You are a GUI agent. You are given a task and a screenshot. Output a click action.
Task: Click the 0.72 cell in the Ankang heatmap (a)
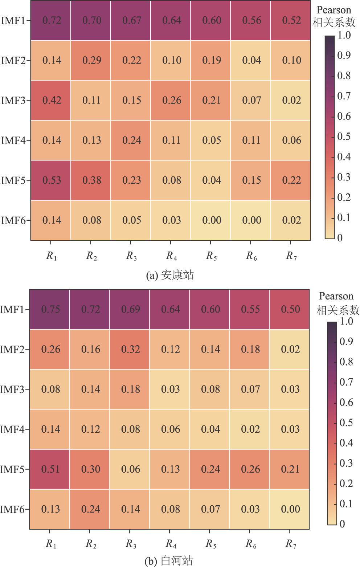pyautogui.click(x=52, y=20)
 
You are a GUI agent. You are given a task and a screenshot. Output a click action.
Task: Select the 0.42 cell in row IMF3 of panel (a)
pyautogui.click(x=52, y=100)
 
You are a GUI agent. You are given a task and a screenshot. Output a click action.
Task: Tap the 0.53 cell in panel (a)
pyautogui.click(x=52, y=180)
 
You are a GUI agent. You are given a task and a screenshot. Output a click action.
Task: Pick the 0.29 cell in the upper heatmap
pyautogui.click(x=91, y=60)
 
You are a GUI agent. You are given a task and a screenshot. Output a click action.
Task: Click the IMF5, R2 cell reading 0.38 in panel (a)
pyautogui.click(x=91, y=180)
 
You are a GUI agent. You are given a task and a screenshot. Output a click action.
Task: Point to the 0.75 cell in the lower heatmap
pyautogui.click(x=50, y=309)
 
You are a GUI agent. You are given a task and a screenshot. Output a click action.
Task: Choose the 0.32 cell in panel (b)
pyautogui.click(x=130, y=349)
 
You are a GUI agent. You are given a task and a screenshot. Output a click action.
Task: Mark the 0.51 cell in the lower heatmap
pyautogui.click(x=50, y=469)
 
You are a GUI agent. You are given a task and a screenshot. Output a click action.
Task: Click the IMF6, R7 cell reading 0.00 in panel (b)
pyautogui.click(x=290, y=509)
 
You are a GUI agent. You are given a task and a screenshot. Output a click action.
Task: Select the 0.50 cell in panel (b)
pyautogui.click(x=290, y=309)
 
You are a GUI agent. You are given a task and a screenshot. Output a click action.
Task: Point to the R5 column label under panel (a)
pyautogui.click(x=211, y=256)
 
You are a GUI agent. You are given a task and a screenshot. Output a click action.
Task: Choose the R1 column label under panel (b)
pyautogui.click(x=51, y=544)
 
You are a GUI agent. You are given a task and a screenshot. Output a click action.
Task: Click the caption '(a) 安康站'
pyautogui.click(x=170, y=275)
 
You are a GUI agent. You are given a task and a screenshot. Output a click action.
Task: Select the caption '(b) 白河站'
pyautogui.click(x=169, y=561)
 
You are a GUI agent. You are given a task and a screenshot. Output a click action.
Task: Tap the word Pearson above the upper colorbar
pyautogui.click(x=334, y=10)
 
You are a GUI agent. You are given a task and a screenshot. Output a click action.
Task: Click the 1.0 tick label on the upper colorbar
pyautogui.click(x=344, y=35)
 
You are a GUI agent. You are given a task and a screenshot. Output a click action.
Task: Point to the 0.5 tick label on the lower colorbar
pyautogui.click(x=346, y=423)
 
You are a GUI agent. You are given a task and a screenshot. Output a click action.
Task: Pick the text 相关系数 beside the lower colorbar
pyautogui.click(x=338, y=310)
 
